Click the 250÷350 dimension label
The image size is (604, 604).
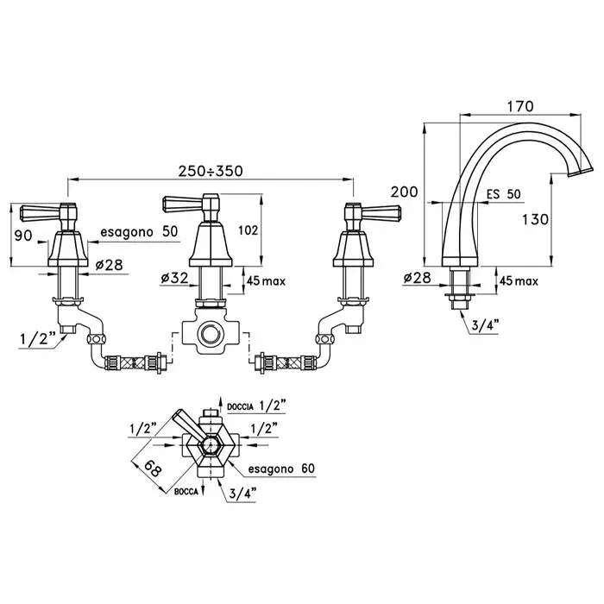click(211, 171)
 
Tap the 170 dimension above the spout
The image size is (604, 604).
click(520, 106)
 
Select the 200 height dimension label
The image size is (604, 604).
click(404, 192)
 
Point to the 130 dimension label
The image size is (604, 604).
click(535, 219)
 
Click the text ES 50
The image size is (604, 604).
click(503, 194)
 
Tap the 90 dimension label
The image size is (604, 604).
click(23, 235)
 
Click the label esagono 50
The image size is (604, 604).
click(139, 231)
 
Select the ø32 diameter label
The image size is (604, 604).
click(174, 278)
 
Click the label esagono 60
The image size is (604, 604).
click(281, 469)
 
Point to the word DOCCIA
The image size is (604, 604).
click(240, 406)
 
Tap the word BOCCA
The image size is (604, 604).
click(186, 492)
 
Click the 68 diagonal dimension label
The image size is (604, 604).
click(153, 469)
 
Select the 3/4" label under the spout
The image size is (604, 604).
click(486, 325)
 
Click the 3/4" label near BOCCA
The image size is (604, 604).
click(242, 493)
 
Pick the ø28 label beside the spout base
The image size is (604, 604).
click(417, 278)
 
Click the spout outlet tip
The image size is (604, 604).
click(581, 171)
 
